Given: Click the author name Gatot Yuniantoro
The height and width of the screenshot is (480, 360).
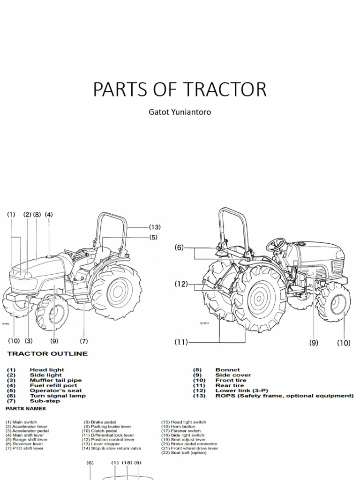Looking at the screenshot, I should pos(180,112).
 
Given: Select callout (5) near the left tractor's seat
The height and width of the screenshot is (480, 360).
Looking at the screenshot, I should pos(153,238).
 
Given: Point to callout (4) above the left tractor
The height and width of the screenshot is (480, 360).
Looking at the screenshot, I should pos(48,215).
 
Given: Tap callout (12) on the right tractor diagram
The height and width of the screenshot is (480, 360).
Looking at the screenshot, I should pos(181,284).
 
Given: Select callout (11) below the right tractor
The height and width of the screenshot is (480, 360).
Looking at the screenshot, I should pos(181,342).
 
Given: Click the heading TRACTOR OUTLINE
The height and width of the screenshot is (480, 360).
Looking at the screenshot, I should pos(47,354).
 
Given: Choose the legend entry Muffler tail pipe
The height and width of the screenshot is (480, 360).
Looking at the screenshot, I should pos(55,380).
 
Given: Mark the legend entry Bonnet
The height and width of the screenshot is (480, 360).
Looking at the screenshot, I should pos(227,370).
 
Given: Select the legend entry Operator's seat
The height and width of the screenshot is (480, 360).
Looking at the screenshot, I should pos(55,390).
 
